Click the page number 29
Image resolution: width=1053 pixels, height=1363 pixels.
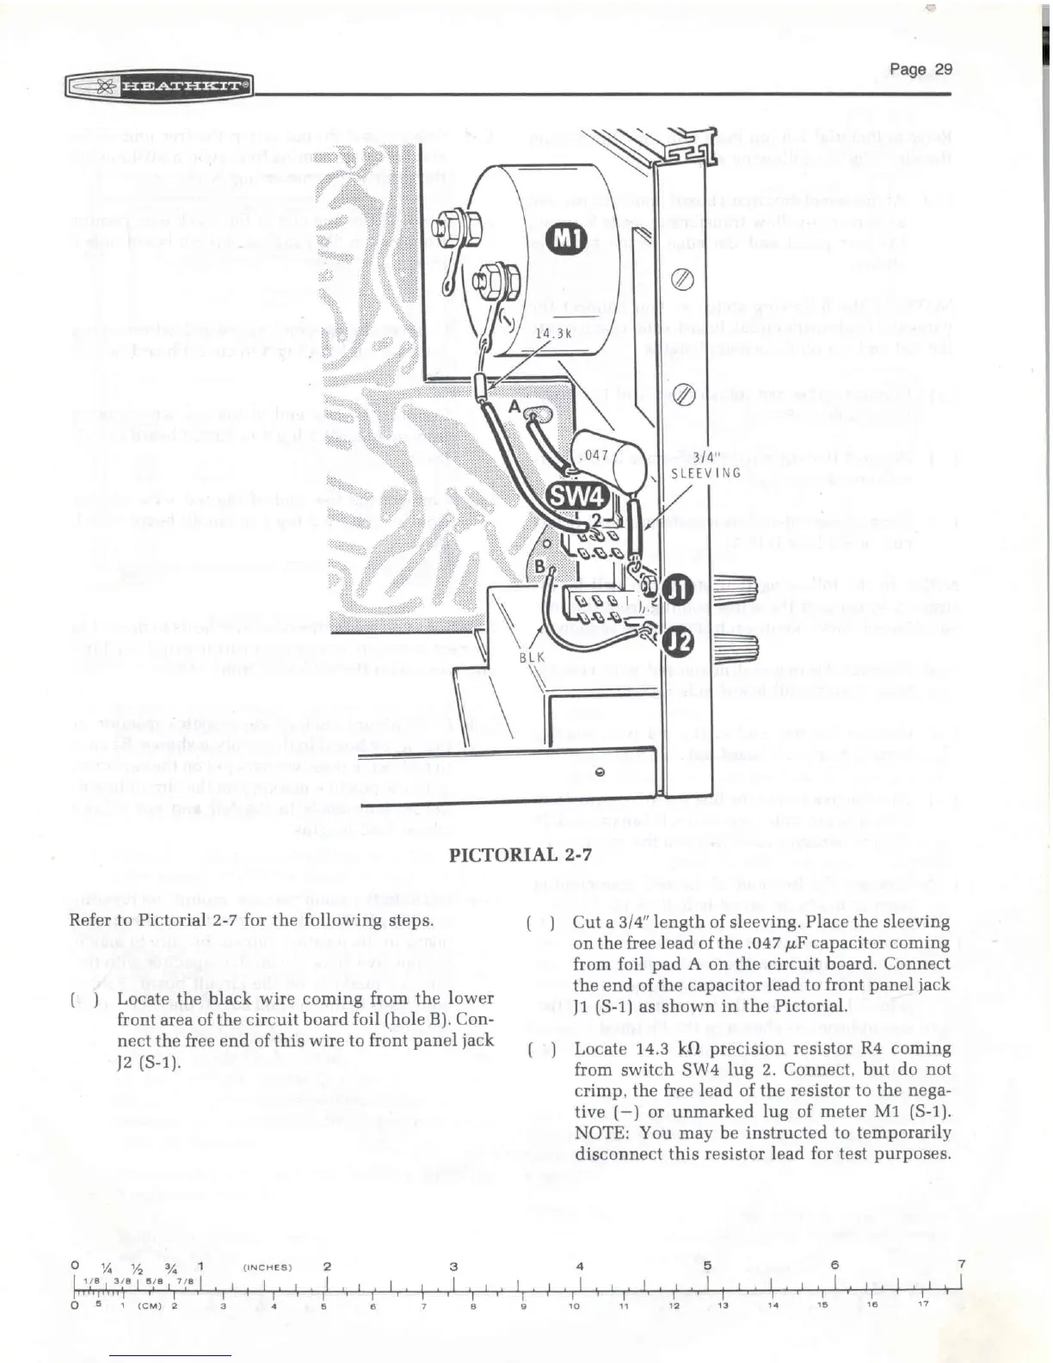[921, 69]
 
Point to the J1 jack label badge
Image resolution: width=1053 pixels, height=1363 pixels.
[680, 590]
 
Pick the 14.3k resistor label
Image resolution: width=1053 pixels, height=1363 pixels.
[554, 333]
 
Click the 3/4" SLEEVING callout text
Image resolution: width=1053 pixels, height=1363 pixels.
[705, 466]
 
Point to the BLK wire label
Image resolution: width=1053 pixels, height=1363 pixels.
[533, 657]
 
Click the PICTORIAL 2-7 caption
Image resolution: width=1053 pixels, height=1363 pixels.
[521, 854]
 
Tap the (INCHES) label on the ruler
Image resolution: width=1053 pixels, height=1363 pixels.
[268, 1267]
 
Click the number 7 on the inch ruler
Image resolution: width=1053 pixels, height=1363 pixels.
[961, 1263]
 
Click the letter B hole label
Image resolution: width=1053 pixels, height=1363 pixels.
[540, 567]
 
